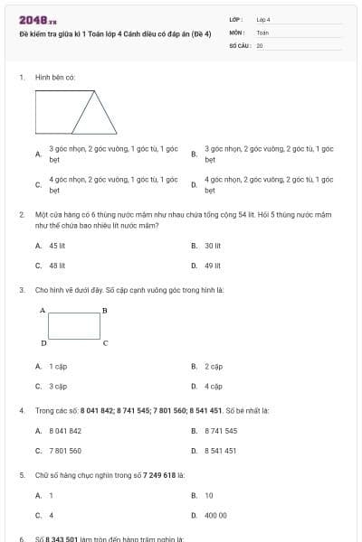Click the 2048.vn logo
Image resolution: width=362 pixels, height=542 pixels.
pyautogui.click(x=37, y=19)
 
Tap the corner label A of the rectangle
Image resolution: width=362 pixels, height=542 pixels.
pyautogui.click(x=43, y=310)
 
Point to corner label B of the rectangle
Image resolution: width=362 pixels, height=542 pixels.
pyautogui.click(x=105, y=310)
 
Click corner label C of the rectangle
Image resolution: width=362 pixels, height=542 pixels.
pyautogui.click(x=105, y=343)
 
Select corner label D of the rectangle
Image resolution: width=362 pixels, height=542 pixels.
pyautogui.click(x=43, y=343)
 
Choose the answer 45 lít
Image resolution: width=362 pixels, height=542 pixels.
pyautogui.click(x=57, y=245)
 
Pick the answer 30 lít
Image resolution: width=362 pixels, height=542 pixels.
pyautogui.click(x=213, y=245)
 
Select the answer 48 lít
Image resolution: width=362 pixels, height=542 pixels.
pyautogui.click(x=57, y=266)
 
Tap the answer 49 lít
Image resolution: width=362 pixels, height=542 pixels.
pyautogui.click(x=213, y=266)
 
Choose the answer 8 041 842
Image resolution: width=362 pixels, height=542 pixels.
pyautogui.click(x=65, y=431)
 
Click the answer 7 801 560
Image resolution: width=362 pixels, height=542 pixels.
pyautogui.click(x=65, y=451)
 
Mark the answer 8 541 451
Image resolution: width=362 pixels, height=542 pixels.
pyautogui.click(x=221, y=451)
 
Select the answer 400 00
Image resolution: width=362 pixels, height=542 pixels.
pyautogui.click(x=215, y=515)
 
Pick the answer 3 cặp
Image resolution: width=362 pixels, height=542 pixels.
pyautogui.click(x=58, y=386)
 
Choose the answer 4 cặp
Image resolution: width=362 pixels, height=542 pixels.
pyautogui.click(x=214, y=386)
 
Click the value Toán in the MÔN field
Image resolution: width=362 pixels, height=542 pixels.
pyautogui.click(x=262, y=32)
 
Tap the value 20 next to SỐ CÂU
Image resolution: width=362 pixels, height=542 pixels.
pyautogui.click(x=260, y=44)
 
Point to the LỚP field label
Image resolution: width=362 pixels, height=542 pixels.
pyautogui.click(x=236, y=19)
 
